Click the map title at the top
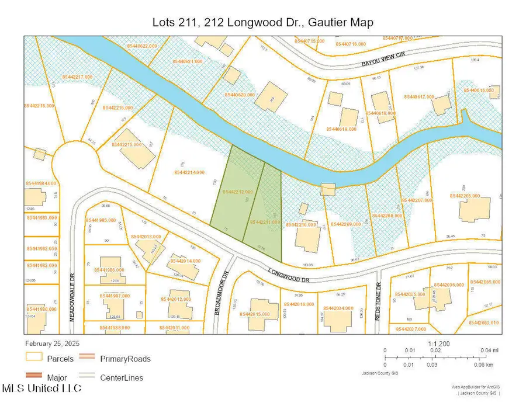tap(262, 22)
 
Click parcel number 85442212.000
tap(237, 192)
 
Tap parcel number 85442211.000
tap(266, 222)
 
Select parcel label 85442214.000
tap(189, 172)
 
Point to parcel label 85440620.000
tap(240, 95)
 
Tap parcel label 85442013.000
tap(146, 237)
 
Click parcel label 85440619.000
tap(341, 129)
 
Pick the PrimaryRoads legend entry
tap(124, 358)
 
